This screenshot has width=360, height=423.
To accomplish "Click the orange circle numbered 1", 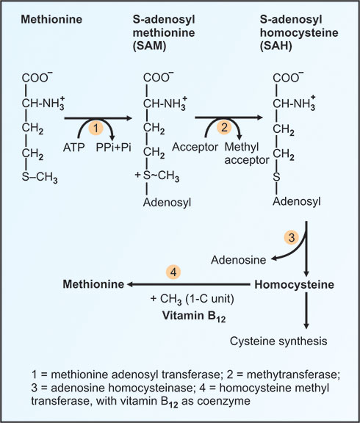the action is click(96, 128).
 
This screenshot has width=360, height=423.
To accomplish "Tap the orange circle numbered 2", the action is click(224, 127).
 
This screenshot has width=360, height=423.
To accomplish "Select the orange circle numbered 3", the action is click(292, 238).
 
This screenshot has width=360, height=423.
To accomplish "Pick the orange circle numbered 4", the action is click(173, 272).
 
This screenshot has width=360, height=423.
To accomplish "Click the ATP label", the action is click(74, 148).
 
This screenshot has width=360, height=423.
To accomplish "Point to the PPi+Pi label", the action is click(114, 148).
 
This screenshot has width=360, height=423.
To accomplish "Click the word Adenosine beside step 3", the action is click(239, 260).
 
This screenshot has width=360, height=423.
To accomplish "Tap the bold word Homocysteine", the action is click(294, 285).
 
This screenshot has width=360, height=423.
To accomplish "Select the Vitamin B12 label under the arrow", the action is click(194, 317).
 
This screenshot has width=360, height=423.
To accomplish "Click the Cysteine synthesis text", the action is click(278, 341).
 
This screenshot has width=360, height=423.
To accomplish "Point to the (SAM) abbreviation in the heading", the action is click(149, 46).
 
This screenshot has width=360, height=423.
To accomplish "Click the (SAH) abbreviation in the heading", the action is click(276, 46).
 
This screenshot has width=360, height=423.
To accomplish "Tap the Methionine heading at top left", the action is click(51, 19).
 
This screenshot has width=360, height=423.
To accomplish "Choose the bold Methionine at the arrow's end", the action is click(93, 284).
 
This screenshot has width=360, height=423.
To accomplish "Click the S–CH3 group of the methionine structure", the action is click(40, 177).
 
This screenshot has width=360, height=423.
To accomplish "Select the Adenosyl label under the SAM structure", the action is click(167, 203).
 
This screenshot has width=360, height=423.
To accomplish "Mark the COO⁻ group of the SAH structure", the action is click(288, 77).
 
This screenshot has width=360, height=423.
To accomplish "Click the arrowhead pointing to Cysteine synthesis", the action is click(306, 326).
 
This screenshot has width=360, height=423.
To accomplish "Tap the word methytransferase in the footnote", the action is click(292, 375).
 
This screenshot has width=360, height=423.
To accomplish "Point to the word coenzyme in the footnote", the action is click(224, 401).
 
